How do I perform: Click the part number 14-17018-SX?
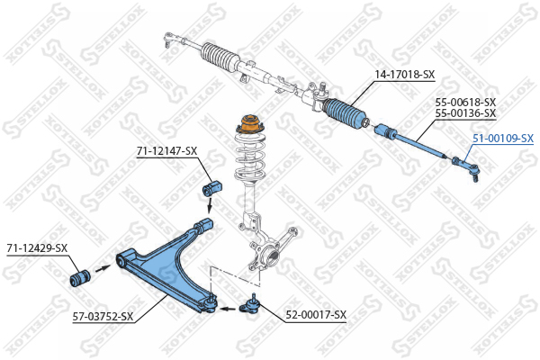pos(405,75)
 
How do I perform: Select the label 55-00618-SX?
pos(465,103)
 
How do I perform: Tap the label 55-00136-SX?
pos(465,113)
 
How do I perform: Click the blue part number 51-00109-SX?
pos(503,139)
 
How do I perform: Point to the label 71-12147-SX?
pos(167,151)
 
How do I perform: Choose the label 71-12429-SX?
pos(37,248)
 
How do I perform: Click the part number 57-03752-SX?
pos(103,316)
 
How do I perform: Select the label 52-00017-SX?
pos(316,315)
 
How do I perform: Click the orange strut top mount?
pos(250,124)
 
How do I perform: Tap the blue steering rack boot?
pos(345,112)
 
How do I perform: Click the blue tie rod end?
pos(467,167)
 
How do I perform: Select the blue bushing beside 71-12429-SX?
pos(80,276)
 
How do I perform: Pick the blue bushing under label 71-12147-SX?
pos(211,189)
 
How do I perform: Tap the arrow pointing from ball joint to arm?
pos(229,309)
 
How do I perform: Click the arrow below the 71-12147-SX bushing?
pos(209,206)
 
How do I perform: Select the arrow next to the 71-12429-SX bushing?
pos(103,268)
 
